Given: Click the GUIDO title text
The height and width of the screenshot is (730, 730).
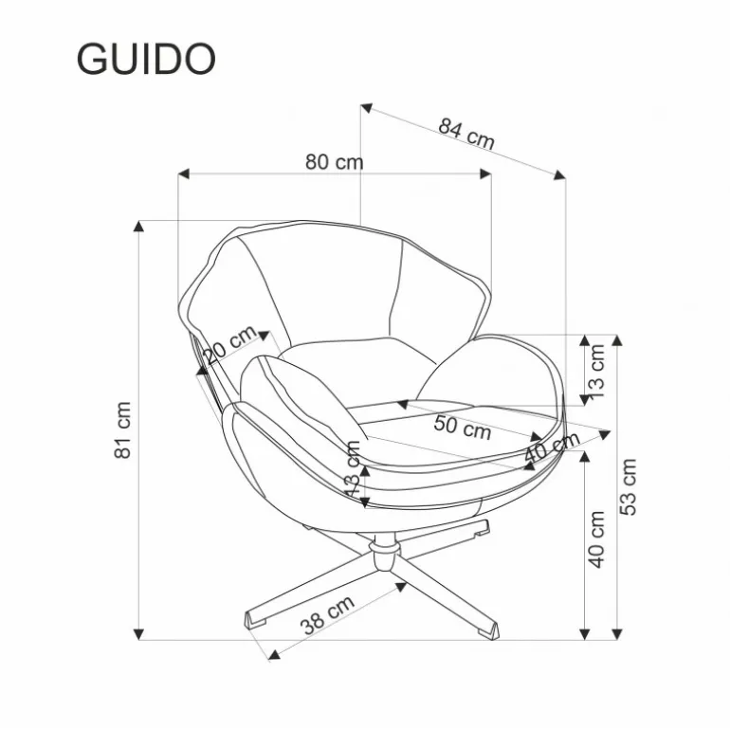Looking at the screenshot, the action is click(x=146, y=59).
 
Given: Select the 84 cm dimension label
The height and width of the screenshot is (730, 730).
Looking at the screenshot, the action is click(x=466, y=134).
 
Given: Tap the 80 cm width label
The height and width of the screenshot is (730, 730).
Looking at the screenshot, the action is click(x=335, y=162).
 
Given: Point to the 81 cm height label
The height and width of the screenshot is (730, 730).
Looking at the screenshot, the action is click(x=123, y=429).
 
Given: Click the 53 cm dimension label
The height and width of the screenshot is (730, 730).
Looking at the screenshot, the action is click(x=628, y=487).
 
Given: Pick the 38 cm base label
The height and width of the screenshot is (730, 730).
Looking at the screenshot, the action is click(x=327, y=614).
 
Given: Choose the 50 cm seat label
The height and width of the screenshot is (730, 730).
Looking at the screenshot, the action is click(x=463, y=428).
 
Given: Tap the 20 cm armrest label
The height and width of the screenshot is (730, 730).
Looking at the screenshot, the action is click(x=230, y=344).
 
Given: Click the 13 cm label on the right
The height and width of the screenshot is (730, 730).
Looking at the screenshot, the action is click(x=596, y=372).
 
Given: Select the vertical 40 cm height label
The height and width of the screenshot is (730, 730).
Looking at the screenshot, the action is click(x=597, y=539).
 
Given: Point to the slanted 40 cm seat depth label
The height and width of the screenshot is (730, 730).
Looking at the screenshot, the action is click(x=552, y=447).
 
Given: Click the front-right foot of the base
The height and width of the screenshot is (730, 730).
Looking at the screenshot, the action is click(x=488, y=630).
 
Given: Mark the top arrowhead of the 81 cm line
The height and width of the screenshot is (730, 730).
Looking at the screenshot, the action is click(x=138, y=226).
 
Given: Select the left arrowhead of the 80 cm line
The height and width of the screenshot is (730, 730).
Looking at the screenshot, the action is click(x=183, y=174).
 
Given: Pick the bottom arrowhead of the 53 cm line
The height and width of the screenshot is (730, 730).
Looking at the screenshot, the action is click(x=617, y=634).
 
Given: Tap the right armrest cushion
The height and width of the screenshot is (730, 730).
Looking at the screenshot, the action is click(x=489, y=373).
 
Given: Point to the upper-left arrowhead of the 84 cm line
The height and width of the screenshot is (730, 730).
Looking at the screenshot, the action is click(x=366, y=108).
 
